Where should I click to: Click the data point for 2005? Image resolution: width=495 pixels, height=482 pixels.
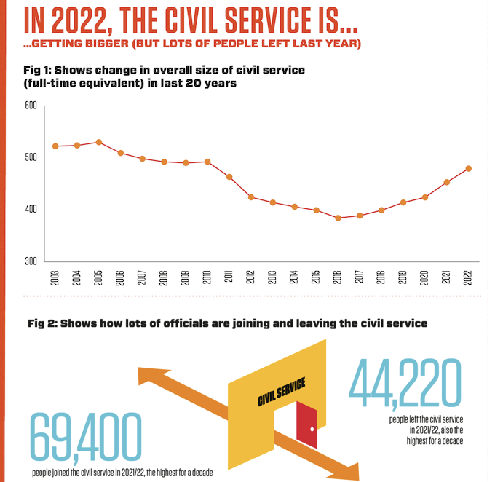(98, 142)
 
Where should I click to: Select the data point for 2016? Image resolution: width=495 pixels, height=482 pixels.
(338, 218)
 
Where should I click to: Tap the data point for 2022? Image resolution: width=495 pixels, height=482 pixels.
(468, 168)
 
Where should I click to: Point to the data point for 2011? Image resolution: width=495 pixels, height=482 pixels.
(229, 177)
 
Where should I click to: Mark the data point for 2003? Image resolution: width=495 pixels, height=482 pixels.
(55, 146)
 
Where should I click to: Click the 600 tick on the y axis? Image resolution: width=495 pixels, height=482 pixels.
(31, 106)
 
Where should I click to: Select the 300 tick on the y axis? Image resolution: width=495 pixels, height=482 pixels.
(31, 261)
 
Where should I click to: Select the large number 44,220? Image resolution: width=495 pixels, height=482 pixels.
(406, 385)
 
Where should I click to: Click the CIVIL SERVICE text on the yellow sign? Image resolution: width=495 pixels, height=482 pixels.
(281, 392)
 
